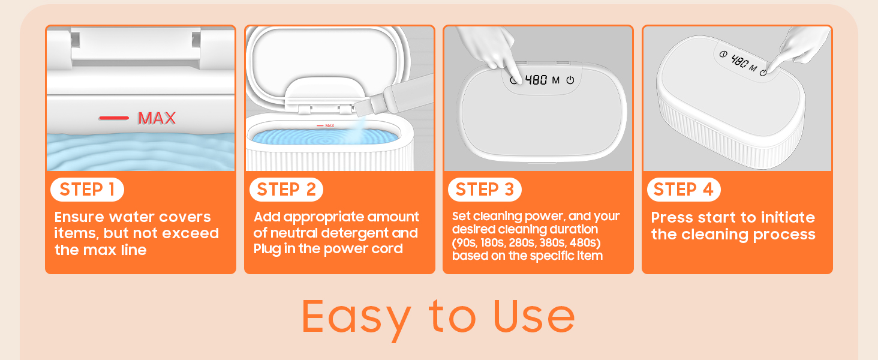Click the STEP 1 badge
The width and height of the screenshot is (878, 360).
click(x=87, y=190)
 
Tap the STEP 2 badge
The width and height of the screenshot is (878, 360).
click(x=286, y=190)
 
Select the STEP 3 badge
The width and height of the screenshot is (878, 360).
click(x=485, y=190)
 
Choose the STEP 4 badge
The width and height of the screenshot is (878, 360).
click(x=684, y=190)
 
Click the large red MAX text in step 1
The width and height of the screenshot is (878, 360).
click(x=157, y=118)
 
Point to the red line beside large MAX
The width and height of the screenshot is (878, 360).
click(x=114, y=118)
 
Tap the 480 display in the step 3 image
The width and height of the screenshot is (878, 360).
click(x=536, y=80)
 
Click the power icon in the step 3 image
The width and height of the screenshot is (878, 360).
click(x=570, y=80)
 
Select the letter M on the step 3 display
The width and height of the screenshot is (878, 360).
click(x=556, y=80)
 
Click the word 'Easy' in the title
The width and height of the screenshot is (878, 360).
click(x=356, y=317)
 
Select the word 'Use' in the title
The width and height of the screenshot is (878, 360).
click(x=534, y=316)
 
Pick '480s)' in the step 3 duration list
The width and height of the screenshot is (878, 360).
click(x=585, y=243)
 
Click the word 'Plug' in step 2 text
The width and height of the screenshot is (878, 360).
click(x=266, y=249)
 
